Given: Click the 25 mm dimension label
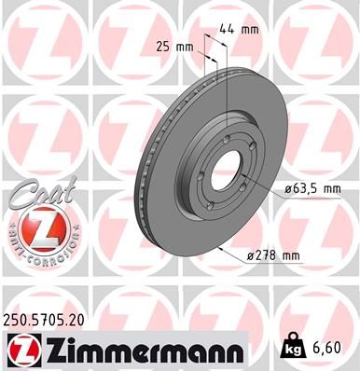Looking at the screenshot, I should [x=173, y=46].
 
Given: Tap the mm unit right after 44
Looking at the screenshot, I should [x=249, y=29].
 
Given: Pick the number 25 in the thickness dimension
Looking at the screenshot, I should [x=164, y=46].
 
